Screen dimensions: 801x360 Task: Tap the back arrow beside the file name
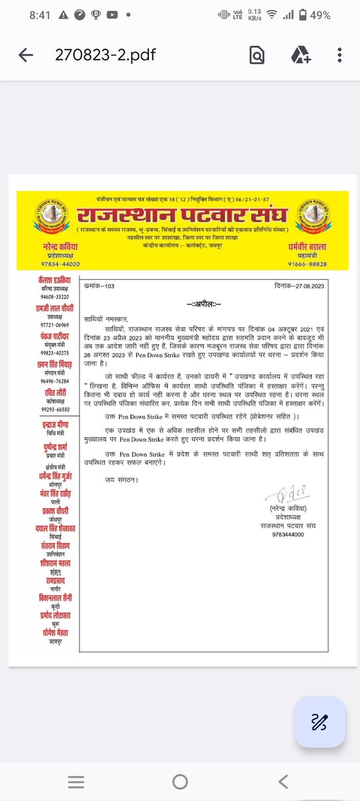click(26, 55)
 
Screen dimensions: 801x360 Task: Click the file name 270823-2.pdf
click(105, 55)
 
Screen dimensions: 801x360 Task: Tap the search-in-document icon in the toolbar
click(256, 55)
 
